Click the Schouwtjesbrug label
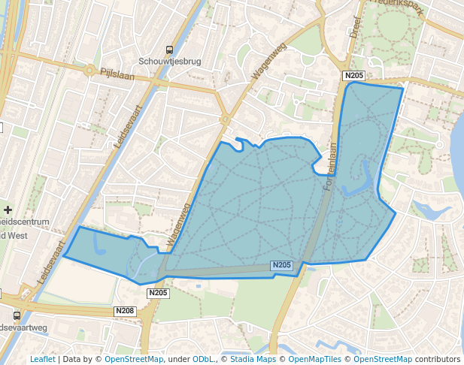click(x=169, y=62)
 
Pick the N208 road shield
click(x=125, y=311)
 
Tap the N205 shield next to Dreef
click(x=353, y=76)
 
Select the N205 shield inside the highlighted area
click(x=281, y=265)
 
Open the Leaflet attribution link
click(x=42, y=359)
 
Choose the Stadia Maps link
click(x=252, y=359)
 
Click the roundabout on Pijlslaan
click(x=89, y=71)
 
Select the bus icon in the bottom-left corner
click(x=17, y=315)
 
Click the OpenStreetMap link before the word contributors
click(x=383, y=359)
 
